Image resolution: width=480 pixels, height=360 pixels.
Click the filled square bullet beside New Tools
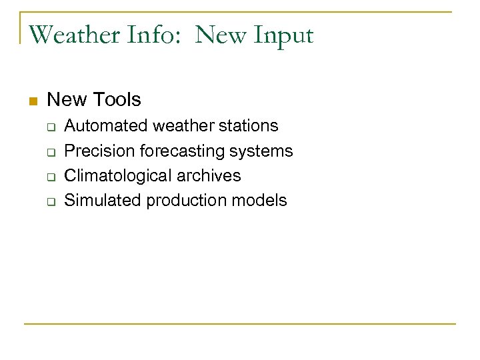click(x=31, y=101)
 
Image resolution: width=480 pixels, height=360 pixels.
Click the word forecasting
click(x=182, y=151)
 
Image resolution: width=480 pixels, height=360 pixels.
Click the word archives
click(x=208, y=176)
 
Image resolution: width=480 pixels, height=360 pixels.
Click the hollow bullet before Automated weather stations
click(x=51, y=127)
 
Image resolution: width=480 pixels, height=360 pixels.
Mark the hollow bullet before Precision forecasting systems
click(x=51, y=152)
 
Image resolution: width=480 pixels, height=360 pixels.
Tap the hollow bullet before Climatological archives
click(x=51, y=177)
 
